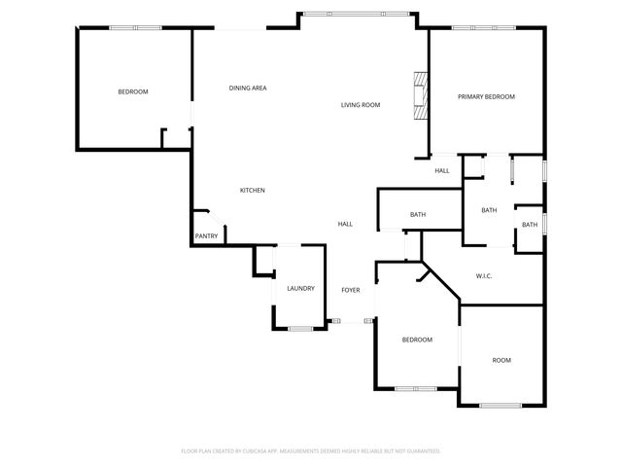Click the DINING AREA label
pyautogui.click(x=248, y=89)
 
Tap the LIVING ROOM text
pyautogui.click(x=360, y=105)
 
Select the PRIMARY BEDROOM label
pyautogui.click(x=486, y=96)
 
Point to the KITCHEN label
pyautogui.click(x=253, y=191)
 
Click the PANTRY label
pyautogui.click(x=206, y=235)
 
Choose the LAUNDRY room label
pyautogui.click(x=300, y=288)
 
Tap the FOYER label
pyautogui.click(x=350, y=290)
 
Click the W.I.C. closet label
pyautogui.click(x=484, y=276)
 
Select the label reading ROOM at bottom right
pyautogui.click(x=501, y=360)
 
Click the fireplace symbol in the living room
pyautogui.click(x=419, y=95)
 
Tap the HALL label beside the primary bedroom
pyautogui.click(x=442, y=171)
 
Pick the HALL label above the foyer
pyautogui.click(x=345, y=224)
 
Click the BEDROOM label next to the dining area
pyautogui.click(x=133, y=91)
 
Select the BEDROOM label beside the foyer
pyautogui.click(x=418, y=340)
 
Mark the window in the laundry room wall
pyautogui.click(x=300, y=329)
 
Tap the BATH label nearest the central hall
pyautogui.click(x=418, y=215)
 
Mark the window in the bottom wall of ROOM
pyautogui.click(x=501, y=405)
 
